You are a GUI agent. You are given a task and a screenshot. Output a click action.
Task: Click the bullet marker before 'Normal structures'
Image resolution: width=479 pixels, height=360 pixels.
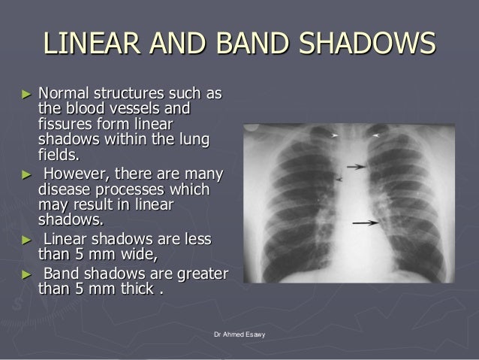[28, 96]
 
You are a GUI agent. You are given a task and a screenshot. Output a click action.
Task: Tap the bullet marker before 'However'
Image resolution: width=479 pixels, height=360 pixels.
[28, 175]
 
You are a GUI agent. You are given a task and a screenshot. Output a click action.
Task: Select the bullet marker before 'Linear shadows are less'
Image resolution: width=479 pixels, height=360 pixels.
[28, 239]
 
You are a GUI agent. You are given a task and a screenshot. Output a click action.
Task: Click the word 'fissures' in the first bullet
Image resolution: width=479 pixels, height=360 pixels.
[64, 124]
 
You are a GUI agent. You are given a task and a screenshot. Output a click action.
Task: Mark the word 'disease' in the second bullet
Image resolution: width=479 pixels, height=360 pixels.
[63, 190]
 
